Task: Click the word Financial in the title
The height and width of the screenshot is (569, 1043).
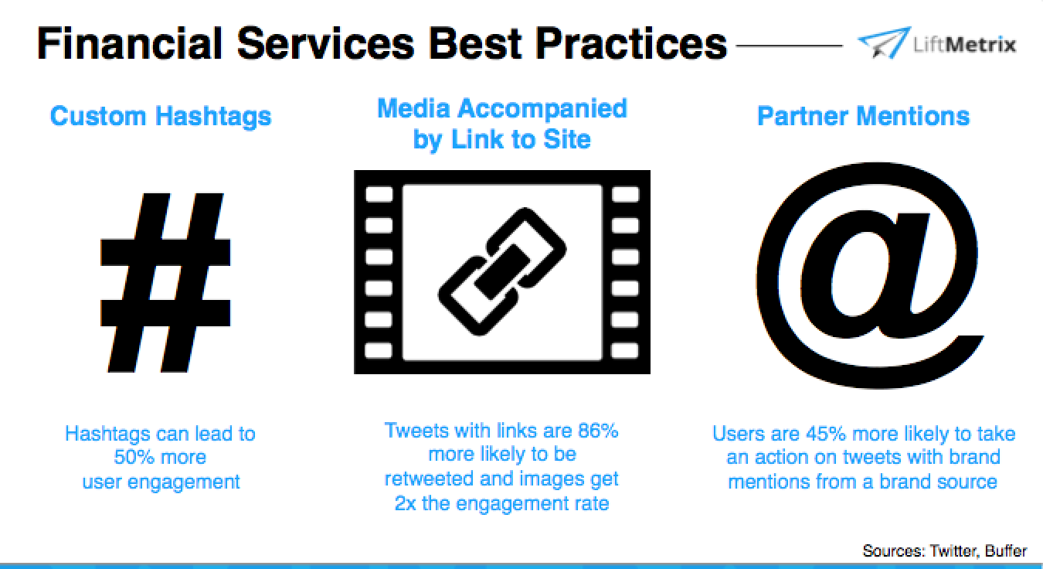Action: click(x=130, y=44)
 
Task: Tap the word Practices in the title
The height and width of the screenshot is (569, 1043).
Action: click(x=631, y=44)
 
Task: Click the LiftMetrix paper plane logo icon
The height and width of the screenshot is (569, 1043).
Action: click(x=884, y=43)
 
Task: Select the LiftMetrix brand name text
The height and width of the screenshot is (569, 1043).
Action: click(x=964, y=45)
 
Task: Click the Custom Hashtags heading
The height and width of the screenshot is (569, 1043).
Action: click(x=161, y=116)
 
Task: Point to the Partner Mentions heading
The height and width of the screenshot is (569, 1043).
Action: click(x=863, y=116)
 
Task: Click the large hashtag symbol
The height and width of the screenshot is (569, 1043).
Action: click(x=165, y=282)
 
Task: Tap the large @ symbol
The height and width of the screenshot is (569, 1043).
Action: click(x=870, y=275)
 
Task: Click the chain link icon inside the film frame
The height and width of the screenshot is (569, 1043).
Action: click(x=502, y=271)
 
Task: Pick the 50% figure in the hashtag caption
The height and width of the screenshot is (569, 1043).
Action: click(x=134, y=457)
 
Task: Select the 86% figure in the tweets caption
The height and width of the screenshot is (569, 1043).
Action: click(x=598, y=431)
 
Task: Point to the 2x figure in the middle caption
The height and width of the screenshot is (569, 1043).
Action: click(x=405, y=503)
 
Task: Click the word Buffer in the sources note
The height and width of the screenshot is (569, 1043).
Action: click(x=1006, y=550)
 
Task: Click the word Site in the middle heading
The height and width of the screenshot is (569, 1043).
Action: click(x=566, y=139)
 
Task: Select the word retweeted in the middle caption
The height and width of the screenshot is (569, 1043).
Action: click(x=429, y=479)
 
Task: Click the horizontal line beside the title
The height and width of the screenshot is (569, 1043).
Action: click(x=790, y=46)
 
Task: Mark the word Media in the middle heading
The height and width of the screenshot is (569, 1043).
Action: click(x=414, y=108)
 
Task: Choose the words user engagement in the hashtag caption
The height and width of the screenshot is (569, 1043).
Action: click(x=161, y=482)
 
